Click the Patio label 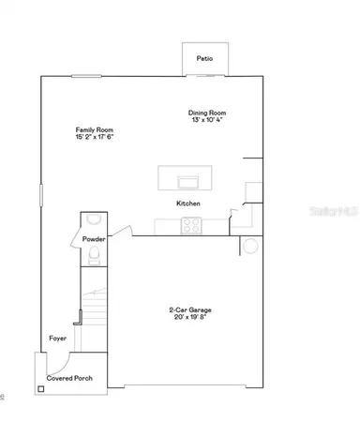(204, 59)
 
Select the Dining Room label (208, 113)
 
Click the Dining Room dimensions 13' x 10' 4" (208, 120)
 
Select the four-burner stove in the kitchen (190, 226)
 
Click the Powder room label (94, 239)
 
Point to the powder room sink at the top (93, 219)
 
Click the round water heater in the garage (250, 246)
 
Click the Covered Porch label (67, 378)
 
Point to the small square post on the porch (41, 387)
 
